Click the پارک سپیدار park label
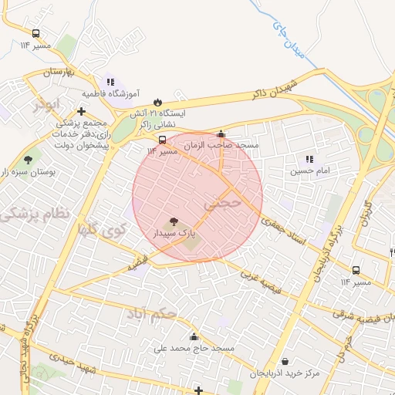point(171,232)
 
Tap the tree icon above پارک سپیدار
point(171,221)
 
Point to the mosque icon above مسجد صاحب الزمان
point(221,133)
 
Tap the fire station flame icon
point(157,101)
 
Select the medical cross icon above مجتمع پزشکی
point(81,112)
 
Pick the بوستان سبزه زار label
point(28,170)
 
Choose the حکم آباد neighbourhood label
point(154,313)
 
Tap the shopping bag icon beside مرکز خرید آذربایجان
point(285,362)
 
